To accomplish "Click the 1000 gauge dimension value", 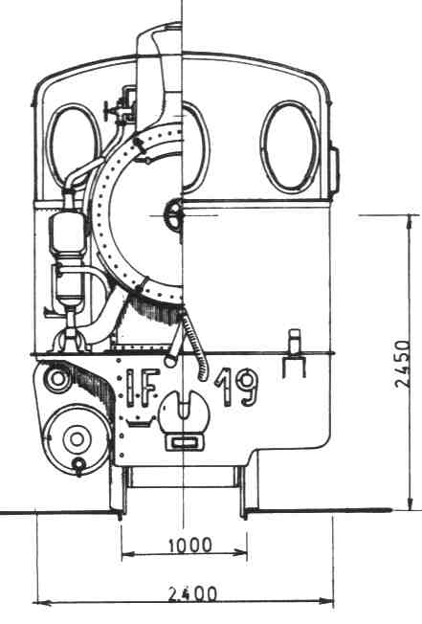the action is pos(190,546).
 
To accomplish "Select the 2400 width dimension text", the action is pos(192,594).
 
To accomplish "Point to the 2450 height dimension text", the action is pos(402,364).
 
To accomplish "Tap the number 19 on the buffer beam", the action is pos(236,388).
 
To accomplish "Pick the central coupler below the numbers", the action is pos(184,413).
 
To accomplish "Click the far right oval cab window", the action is pos(290,145).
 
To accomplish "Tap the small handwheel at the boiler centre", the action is pos(173,214).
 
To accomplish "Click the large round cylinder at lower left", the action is pos(77,438).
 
